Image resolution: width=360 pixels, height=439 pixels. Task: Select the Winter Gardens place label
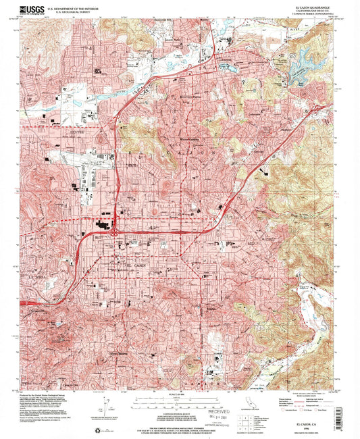[178, 140]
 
